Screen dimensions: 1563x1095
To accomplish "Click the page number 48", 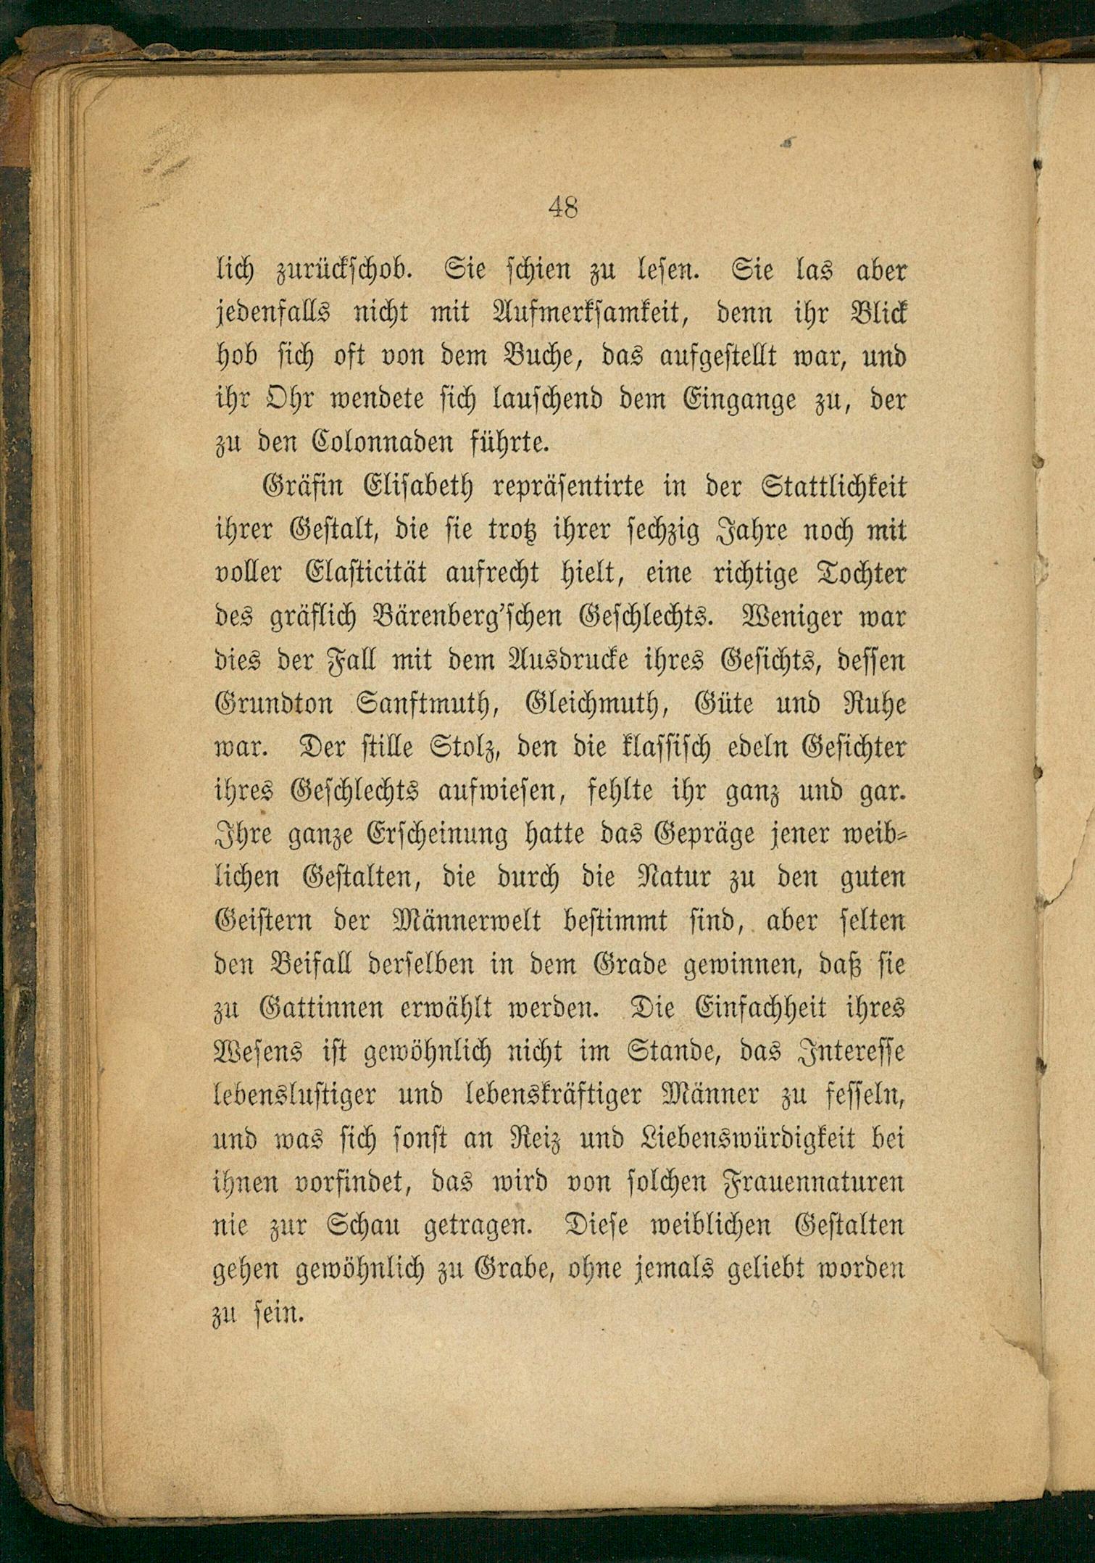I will click(563, 208).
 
